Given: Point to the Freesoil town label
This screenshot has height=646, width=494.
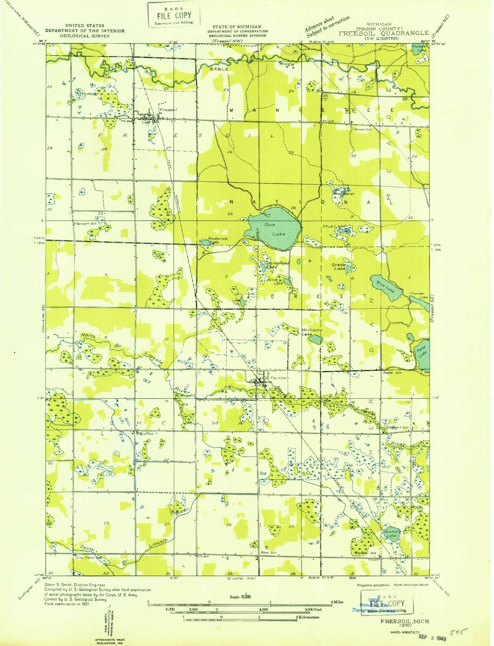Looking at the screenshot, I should point(168,110).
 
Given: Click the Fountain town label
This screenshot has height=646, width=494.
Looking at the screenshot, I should point(279,378).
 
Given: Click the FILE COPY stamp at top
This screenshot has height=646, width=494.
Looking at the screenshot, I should point(174,15).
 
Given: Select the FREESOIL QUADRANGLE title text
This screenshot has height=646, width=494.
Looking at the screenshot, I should point(384,33).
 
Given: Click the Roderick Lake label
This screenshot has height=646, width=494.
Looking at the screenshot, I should point(218,240).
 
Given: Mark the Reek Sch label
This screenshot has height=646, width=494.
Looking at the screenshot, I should point(268,553).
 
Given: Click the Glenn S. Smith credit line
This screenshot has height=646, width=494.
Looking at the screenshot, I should point(75,585).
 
